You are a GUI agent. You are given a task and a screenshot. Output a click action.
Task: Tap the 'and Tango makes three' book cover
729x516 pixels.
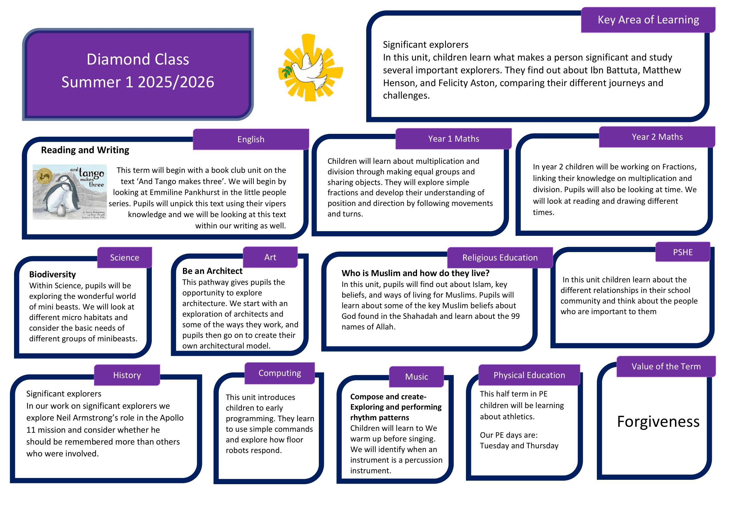pyautogui.click(x=70, y=192)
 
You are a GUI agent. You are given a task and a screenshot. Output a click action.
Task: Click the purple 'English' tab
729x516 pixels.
pyautogui.click(x=251, y=139)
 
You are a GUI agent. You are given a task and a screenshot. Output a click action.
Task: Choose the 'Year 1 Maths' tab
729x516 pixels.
pyautogui.click(x=453, y=139)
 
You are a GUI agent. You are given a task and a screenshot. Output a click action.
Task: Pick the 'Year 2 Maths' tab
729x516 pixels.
pyautogui.click(x=657, y=137)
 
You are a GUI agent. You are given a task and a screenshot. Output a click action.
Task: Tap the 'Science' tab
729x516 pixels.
pyautogui.click(x=124, y=257)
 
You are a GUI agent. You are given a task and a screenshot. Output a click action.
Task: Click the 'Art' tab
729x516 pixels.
pyautogui.click(x=270, y=257)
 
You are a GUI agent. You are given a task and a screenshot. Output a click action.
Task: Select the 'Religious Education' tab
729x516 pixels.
pyautogui.click(x=500, y=257)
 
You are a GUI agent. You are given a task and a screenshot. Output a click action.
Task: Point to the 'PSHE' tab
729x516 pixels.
pyautogui.click(x=683, y=252)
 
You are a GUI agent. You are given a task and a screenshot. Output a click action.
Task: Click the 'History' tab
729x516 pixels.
pyautogui.click(x=127, y=375)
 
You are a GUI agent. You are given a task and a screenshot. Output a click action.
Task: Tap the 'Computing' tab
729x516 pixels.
pyautogui.click(x=280, y=373)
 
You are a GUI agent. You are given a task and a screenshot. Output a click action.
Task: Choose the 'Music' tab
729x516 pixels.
pyautogui.click(x=417, y=377)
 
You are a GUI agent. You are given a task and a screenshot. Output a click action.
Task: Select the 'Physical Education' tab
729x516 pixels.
pyautogui.click(x=529, y=375)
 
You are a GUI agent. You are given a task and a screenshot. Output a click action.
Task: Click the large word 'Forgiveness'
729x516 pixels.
pyautogui.click(x=658, y=422)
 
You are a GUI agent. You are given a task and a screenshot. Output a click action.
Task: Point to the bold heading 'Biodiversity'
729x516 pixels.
pyautogui.click(x=52, y=274)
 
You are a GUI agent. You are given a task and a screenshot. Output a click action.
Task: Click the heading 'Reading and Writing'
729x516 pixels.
pyautogui.click(x=85, y=150)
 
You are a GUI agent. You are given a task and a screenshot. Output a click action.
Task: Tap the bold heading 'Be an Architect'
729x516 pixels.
pyautogui.click(x=212, y=271)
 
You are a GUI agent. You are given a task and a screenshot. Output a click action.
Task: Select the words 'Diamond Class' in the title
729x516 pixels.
pyautogui.click(x=138, y=59)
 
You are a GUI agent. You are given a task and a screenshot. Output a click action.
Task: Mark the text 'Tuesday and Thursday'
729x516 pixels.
pyautogui.click(x=519, y=446)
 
